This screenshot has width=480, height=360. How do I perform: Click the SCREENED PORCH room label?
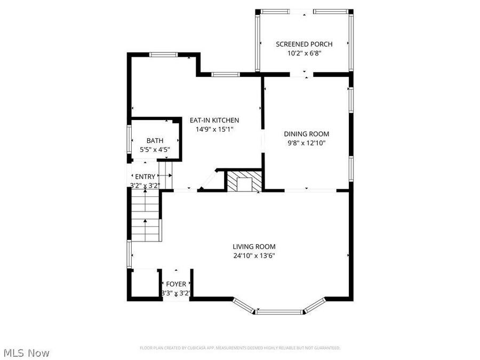coord(304,44)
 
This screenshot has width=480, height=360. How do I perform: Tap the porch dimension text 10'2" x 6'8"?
coord(304,53)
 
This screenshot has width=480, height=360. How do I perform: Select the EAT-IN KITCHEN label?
coord(214,121)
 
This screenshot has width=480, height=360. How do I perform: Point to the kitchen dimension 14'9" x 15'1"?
coord(214,129)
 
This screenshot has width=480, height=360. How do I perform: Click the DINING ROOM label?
coord(306,134)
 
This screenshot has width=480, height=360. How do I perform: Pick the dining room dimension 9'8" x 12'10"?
coord(306,143)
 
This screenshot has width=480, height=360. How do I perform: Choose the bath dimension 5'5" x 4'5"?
coord(155,150)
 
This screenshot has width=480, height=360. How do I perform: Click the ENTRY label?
coord(145,177)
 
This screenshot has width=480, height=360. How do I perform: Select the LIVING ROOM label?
coord(254,246)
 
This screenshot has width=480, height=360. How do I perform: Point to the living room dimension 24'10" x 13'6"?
coord(254,255)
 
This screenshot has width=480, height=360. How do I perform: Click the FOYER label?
coord(176,284)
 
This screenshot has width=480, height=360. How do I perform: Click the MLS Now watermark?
coord(26,353)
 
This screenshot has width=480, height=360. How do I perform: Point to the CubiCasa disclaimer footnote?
coord(239,348)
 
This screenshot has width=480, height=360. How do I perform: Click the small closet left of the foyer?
coord(144,284)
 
